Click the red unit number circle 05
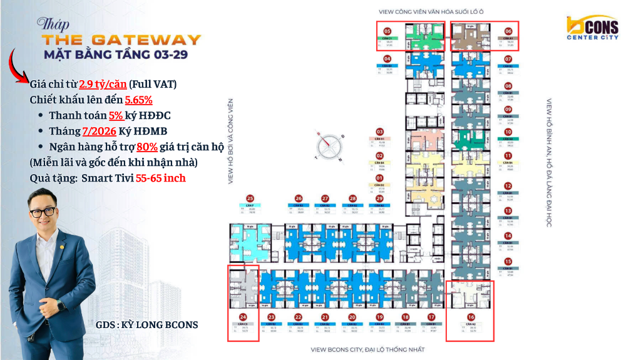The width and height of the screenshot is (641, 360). click(387, 31)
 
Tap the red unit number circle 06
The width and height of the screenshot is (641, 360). click(508, 31)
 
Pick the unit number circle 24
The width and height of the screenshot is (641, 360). click(243, 317)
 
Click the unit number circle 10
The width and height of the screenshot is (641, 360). click(508, 132)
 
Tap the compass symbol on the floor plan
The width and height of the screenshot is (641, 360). click(330, 146)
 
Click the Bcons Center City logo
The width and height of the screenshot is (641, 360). click(592, 28)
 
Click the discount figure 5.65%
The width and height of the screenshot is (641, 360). click(138, 100)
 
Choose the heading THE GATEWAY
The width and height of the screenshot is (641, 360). click(121, 40)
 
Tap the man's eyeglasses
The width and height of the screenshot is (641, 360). click(45, 212)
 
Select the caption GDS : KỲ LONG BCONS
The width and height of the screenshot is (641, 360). click(146, 324)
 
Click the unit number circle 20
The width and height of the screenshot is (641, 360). click(352, 317)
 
